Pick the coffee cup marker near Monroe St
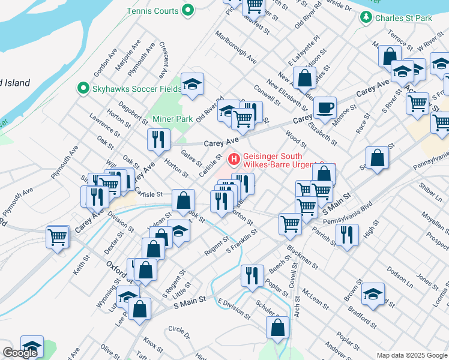pos(325,108)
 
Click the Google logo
pos(20,353)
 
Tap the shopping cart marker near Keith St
pos(58,236)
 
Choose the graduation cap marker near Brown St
pos(373,294)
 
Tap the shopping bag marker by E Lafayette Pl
pos(305,78)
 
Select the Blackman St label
pos(303,252)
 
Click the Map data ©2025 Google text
pos(412,355)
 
